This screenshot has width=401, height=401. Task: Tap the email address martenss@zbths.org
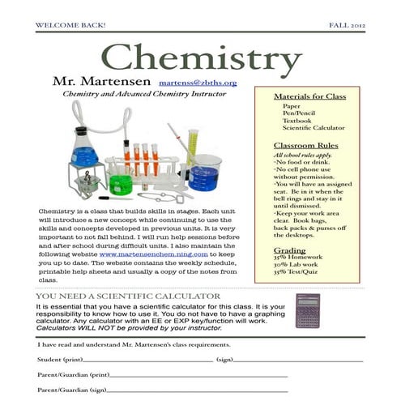(x=198, y=83)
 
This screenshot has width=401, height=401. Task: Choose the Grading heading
(x=289, y=251)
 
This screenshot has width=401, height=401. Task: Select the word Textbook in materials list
(x=296, y=120)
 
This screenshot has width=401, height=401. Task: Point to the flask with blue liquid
(x=84, y=154)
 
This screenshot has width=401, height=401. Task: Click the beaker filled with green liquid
(x=122, y=184)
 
